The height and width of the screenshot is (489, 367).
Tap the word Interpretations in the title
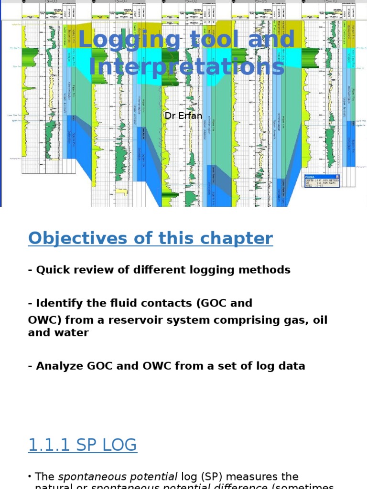coord(187,67)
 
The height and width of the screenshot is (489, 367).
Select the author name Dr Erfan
coord(183,116)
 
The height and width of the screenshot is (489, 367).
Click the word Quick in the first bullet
coord(52,270)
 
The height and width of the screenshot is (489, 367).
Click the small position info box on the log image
coord(322,181)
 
